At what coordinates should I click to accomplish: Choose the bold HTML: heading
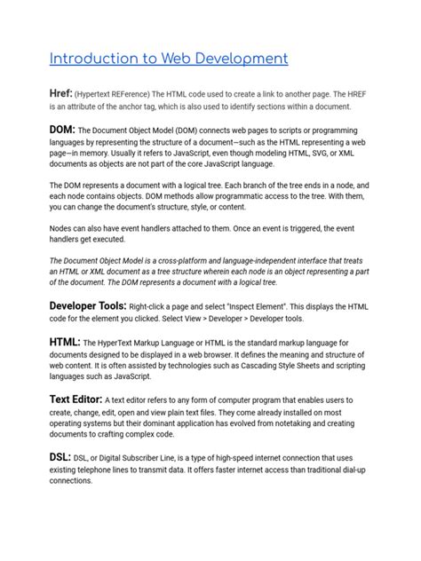click(65, 343)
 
